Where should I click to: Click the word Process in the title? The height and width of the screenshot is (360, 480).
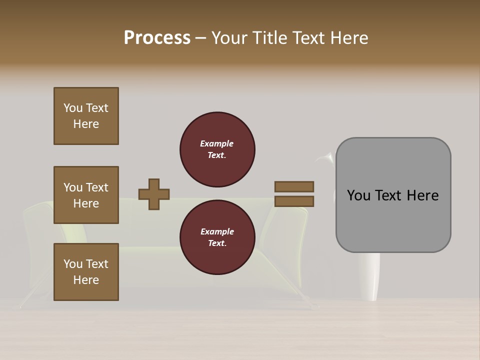[x=157, y=38]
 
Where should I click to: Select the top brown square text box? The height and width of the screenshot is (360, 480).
[x=86, y=116]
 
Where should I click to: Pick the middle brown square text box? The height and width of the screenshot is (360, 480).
[x=86, y=195]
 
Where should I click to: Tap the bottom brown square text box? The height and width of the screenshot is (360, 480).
[x=86, y=272]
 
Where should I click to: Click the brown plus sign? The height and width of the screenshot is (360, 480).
[x=154, y=194]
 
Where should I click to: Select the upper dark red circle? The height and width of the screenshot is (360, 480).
[x=217, y=149]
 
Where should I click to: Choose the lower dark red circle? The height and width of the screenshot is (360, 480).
[x=217, y=237]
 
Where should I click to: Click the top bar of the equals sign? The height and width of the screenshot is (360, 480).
[x=294, y=186]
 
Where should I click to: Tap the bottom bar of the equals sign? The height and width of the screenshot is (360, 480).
[x=294, y=201]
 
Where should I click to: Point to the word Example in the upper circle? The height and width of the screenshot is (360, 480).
[x=217, y=143]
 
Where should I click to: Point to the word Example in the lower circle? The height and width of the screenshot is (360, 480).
[x=217, y=231]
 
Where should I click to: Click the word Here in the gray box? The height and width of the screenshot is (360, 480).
[x=422, y=195]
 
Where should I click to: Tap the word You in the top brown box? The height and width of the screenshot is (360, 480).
[x=73, y=108]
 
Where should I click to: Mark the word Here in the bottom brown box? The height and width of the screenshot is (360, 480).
[x=86, y=280]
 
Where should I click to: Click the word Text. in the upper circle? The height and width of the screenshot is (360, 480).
[x=217, y=155]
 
